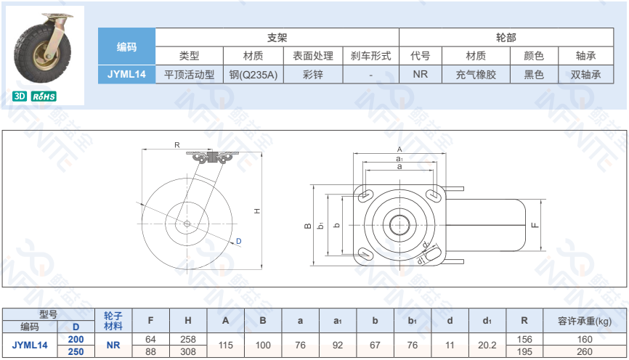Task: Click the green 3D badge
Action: [x=20, y=97]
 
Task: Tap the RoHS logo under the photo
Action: [x=44, y=97]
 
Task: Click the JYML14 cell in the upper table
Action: [x=126, y=74]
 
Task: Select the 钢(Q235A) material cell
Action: [x=253, y=75]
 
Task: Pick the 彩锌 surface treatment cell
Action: [x=313, y=75]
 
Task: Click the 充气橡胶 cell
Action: [x=476, y=75]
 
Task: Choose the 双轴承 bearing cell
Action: [x=585, y=75]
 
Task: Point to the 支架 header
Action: [x=277, y=38]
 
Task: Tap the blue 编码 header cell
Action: [x=126, y=46]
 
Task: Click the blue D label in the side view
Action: [x=239, y=241]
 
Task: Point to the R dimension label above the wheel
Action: [x=177, y=144]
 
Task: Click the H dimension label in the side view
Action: [x=257, y=211]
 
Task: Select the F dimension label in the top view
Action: [x=535, y=225]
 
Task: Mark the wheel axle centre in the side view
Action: [x=187, y=224]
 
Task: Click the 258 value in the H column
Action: [x=187, y=339]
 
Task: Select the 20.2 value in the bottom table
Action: [x=487, y=345]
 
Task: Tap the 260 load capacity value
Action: [x=585, y=351]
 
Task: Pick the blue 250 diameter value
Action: [x=76, y=351]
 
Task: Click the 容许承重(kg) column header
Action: [x=585, y=321]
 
